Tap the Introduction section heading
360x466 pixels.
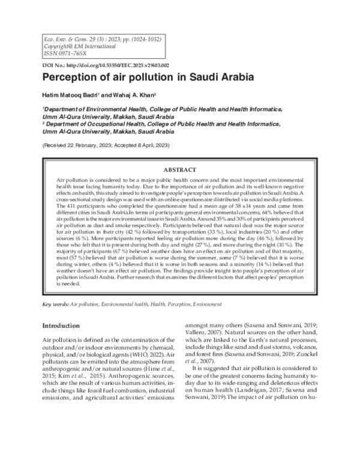(x=64, y=325)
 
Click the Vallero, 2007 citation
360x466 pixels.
(x=202, y=331)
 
